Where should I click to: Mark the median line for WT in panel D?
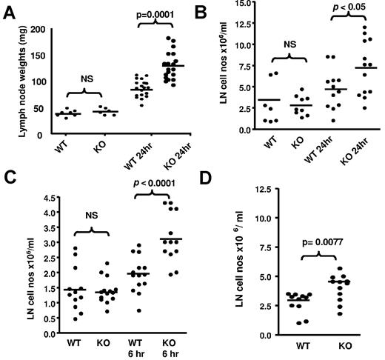[277, 300]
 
